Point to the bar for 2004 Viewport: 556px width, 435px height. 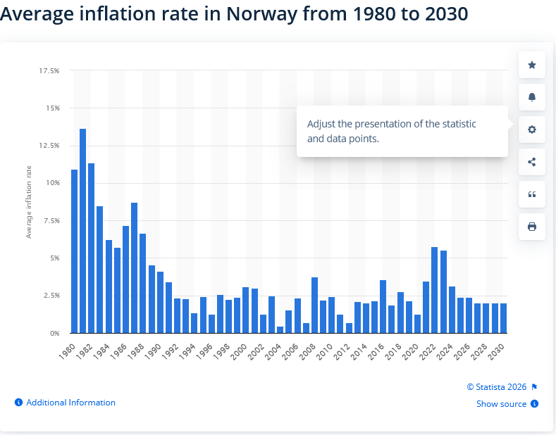point(280,329)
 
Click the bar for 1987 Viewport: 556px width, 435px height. point(135,267)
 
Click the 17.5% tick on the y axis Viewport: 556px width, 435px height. point(49,71)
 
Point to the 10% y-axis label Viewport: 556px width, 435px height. point(53,183)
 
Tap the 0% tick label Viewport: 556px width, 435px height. point(55,333)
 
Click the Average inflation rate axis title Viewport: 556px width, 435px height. point(29,202)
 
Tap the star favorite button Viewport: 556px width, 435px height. point(532,65)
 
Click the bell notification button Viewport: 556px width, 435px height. point(532,97)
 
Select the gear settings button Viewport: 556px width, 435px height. point(532,130)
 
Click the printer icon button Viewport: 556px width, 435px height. point(532,227)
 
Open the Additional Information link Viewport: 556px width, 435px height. point(70,403)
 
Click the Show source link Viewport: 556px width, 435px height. point(501,404)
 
